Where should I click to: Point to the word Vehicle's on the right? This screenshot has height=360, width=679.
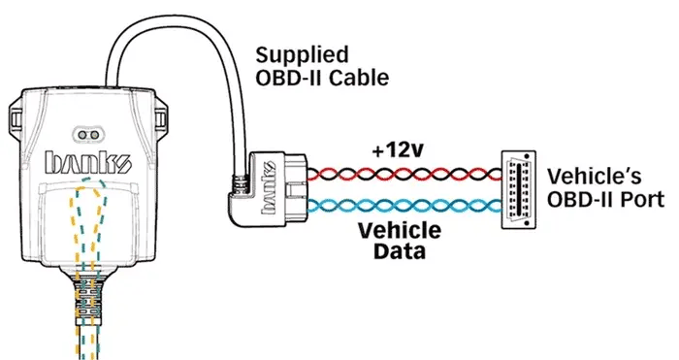click(594, 179)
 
